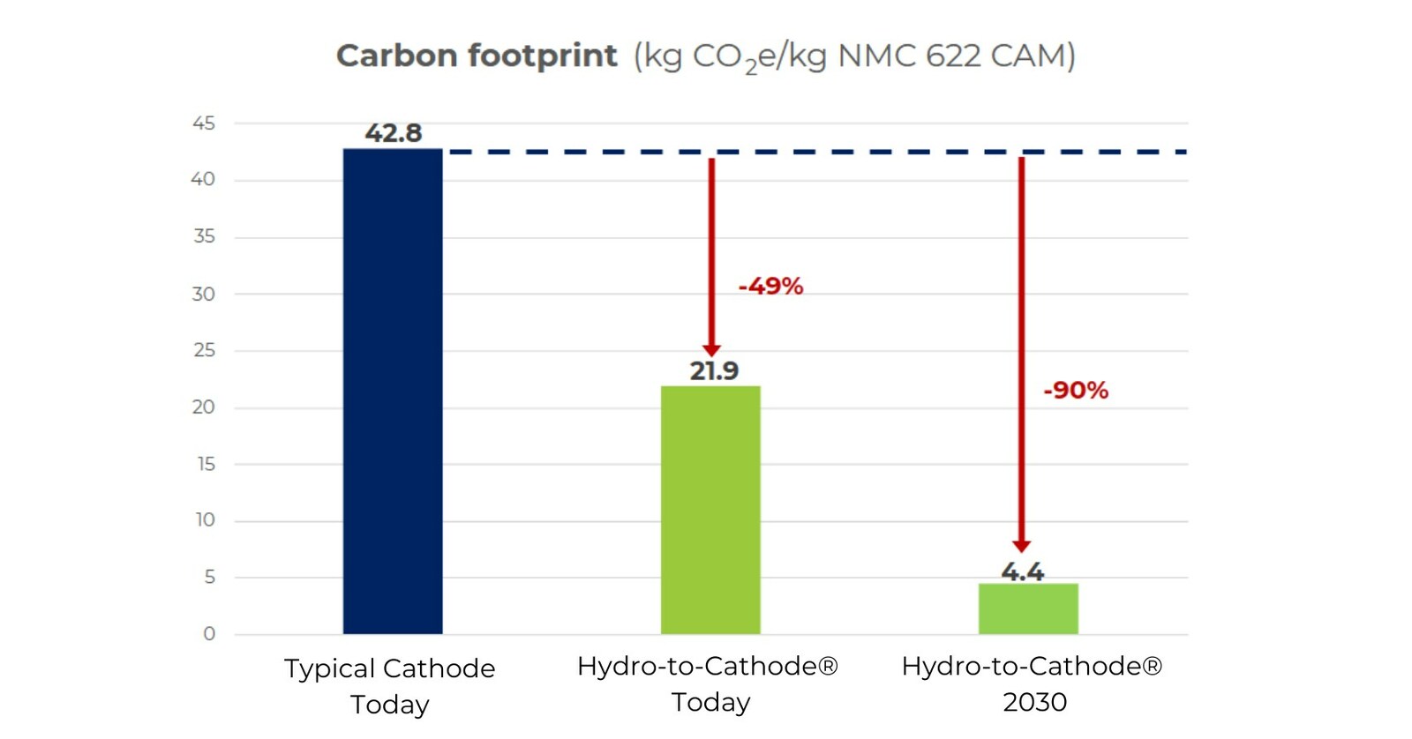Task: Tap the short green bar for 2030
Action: (1028, 608)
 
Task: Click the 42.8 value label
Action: (394, 133)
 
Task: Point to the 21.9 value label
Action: (714, 370)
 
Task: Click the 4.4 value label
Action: (1022, 571)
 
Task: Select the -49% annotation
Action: (770, 286)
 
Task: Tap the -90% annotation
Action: (1075, 390)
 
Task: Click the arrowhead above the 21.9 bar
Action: (711, 350)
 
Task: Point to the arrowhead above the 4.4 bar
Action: (1021, 546)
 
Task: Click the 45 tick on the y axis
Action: (204, 123)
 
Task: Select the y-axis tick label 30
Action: (204, 294)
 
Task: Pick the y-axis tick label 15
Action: (206, 464)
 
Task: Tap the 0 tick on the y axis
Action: (209, 633)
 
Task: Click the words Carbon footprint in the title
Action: (477, 56)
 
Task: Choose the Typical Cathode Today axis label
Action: (389, 685)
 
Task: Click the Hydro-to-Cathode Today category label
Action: (707, 683)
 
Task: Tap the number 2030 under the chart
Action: (1034, 702)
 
